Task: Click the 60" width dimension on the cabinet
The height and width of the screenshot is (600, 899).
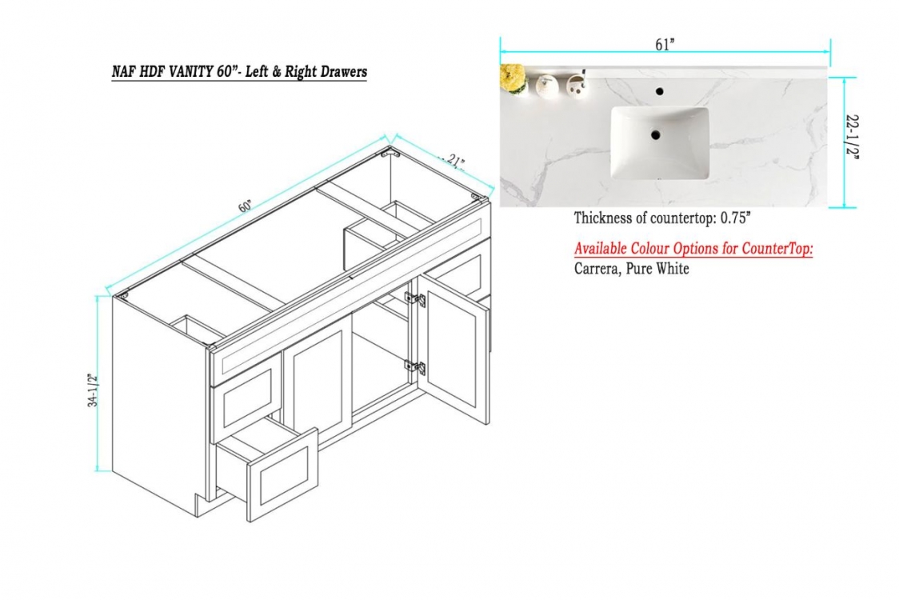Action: (246, 206)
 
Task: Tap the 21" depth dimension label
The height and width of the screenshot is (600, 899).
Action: (454, 161)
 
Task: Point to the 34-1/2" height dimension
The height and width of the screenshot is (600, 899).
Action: (93, 390)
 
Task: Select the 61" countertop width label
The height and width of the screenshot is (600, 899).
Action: (665, 45)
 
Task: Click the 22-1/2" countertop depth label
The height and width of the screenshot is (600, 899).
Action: (853, 137)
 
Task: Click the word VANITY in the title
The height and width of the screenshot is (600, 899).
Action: (190, 72)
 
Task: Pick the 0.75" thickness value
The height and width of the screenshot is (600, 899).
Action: (736, 218)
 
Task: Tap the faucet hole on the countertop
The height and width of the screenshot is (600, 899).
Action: (659, 90)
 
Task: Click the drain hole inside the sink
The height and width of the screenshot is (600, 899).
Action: (655, 135)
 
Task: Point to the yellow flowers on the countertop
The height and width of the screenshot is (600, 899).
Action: (513, 78)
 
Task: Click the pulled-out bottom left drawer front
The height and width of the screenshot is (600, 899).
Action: (282, 474)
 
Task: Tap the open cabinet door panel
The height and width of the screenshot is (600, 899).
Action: (453, 350)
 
